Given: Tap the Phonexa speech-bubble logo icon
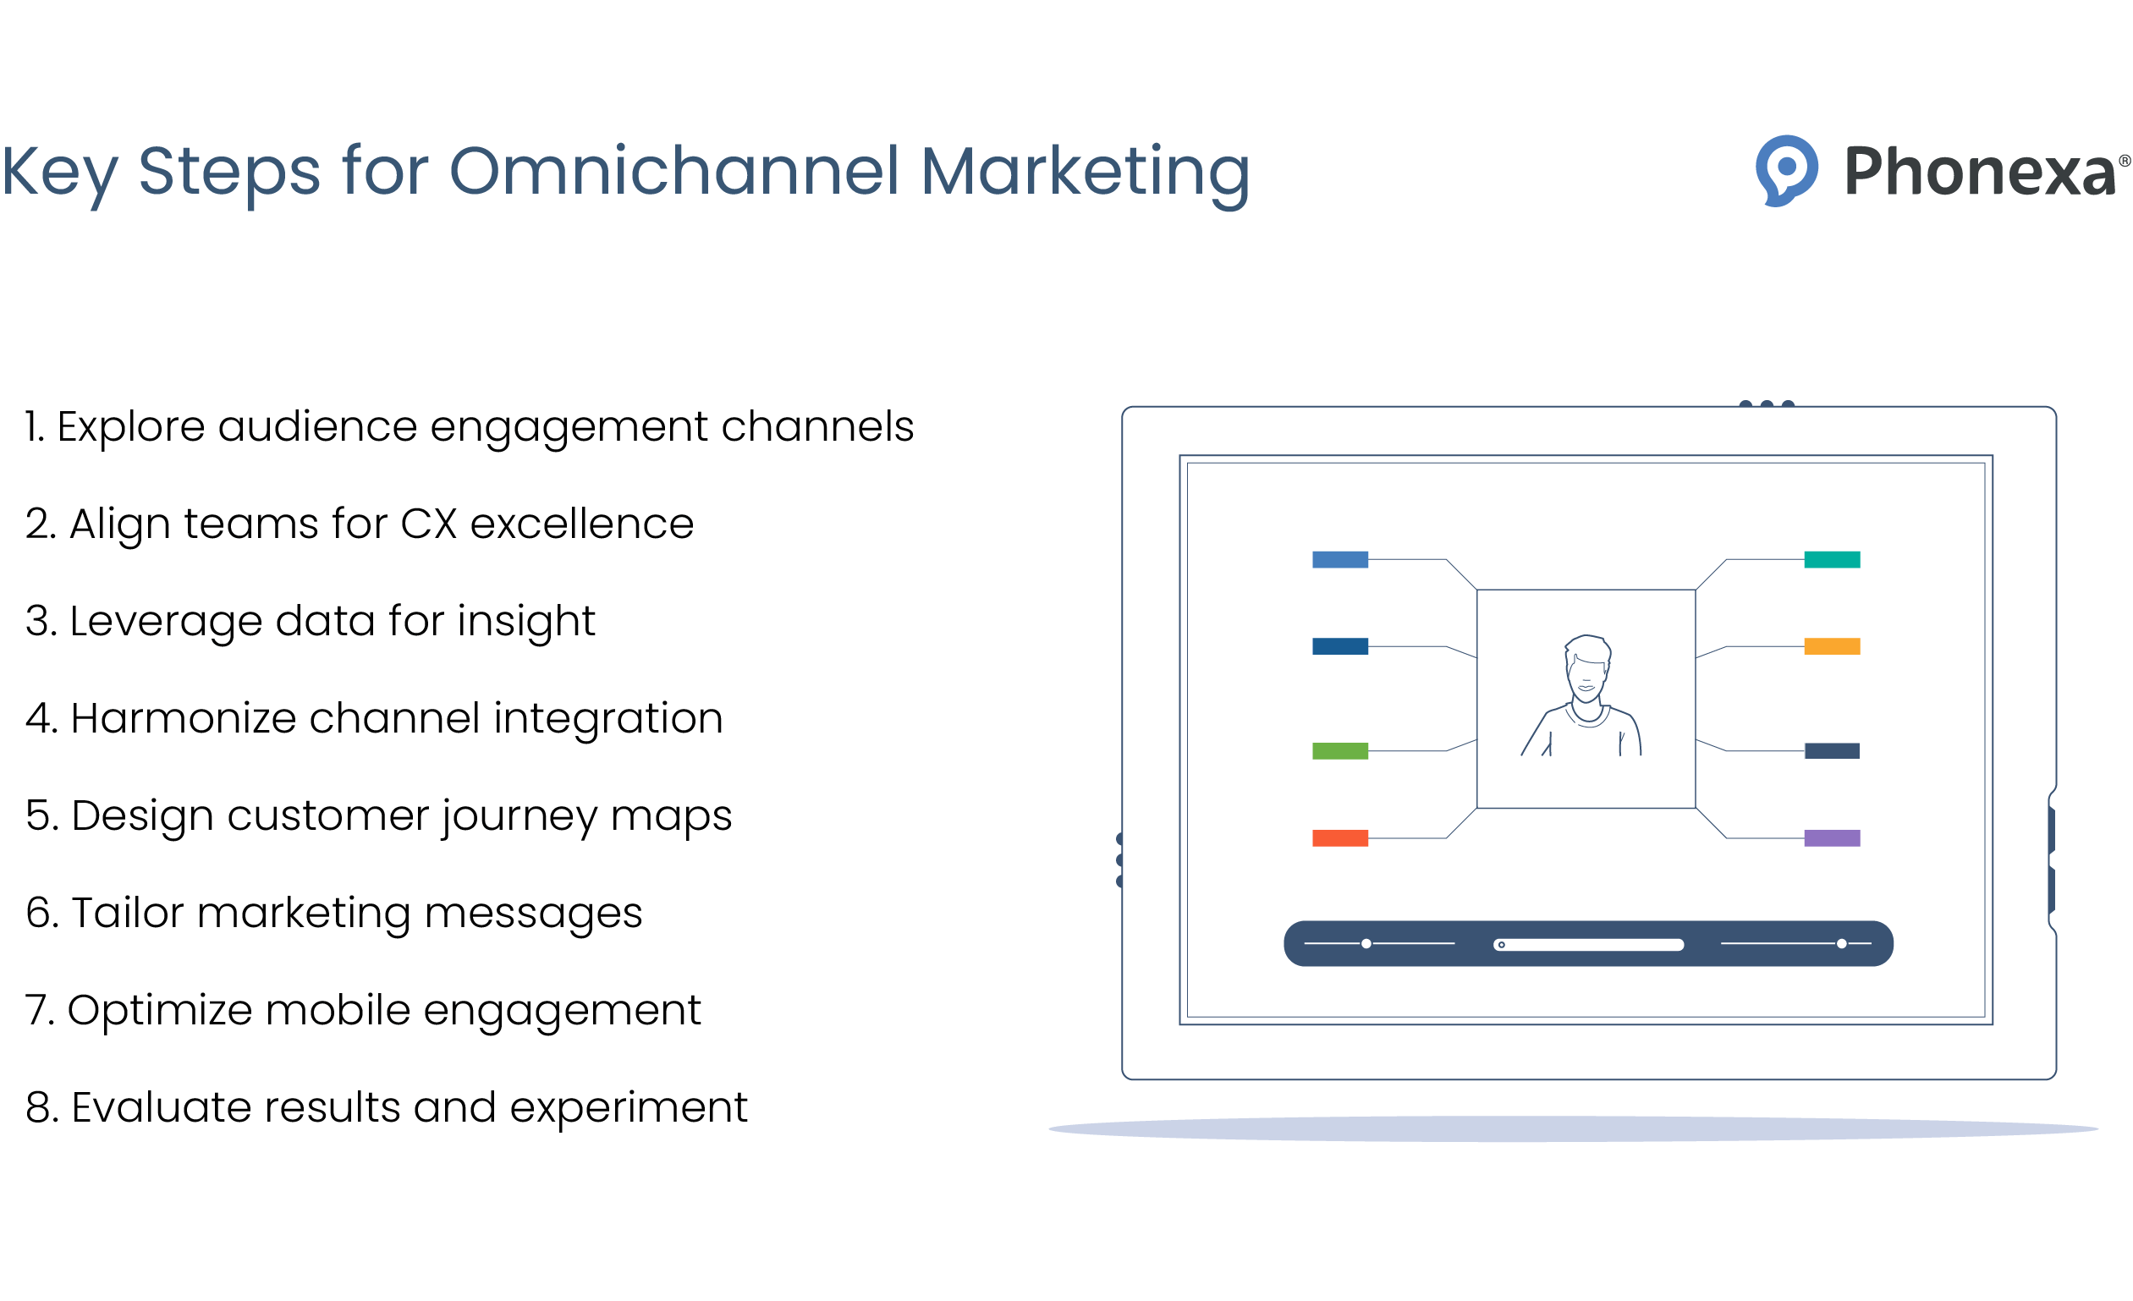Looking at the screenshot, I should (x=1786, y=170).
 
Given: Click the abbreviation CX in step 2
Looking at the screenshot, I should (x=428, y=524).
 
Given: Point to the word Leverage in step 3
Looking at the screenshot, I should (x=165, y=621).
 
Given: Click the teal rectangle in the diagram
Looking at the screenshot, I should (x=1832, y=560).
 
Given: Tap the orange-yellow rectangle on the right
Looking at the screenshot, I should (x=1832, y=646).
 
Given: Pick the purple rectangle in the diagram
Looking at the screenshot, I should (x=1832, y=838).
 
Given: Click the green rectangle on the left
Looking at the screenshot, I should (x=1340, y=750).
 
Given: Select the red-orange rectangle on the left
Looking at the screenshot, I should (x=1340, y=838).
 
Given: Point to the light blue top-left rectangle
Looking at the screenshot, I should (x=1340, y=560).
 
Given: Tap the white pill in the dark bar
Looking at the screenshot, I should (x=1588, y=944).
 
